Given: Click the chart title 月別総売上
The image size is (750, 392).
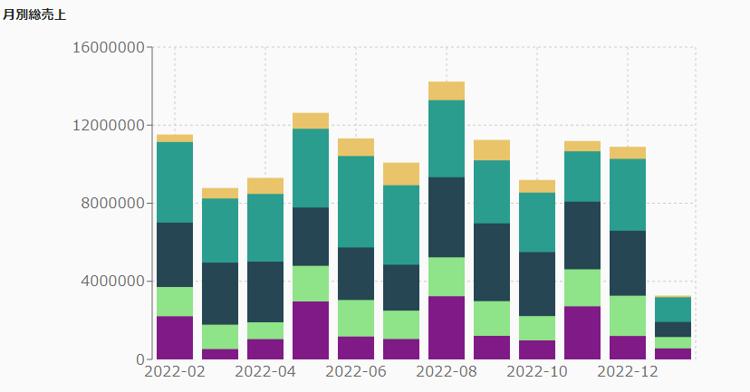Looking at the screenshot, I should coord(34,14).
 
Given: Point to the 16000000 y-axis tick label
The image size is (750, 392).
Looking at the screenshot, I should coord(107,47).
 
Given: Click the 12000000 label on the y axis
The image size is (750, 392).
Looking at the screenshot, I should coord(107,125).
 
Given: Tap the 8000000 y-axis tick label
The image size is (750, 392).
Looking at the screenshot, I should coord(111,203).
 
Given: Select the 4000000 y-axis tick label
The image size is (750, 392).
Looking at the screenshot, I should coord(111,281).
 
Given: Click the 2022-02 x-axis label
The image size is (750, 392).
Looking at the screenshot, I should coord(175,371).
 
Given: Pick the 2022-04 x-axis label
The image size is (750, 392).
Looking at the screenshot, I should coord(265,371).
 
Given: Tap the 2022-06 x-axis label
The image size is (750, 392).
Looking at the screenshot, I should coord(356,371).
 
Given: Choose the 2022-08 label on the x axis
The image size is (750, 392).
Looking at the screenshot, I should coord(447,371).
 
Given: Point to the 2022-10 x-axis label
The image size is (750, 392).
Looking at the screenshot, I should coord(537,371).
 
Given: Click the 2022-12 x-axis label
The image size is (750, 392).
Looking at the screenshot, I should coord(628,371).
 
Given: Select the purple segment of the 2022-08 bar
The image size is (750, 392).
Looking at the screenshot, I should coord(447,327).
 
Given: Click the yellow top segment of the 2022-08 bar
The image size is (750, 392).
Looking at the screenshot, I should coord(447,91).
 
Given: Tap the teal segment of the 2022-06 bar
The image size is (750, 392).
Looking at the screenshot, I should coord(356,201).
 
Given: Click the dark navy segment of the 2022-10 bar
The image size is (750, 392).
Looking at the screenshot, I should coord(537,283).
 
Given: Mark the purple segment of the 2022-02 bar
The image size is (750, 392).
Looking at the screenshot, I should coord(175,337).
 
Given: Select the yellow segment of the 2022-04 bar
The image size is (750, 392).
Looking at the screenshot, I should coord(265,186).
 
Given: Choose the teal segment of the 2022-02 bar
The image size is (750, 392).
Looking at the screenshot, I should coord(175,182).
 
